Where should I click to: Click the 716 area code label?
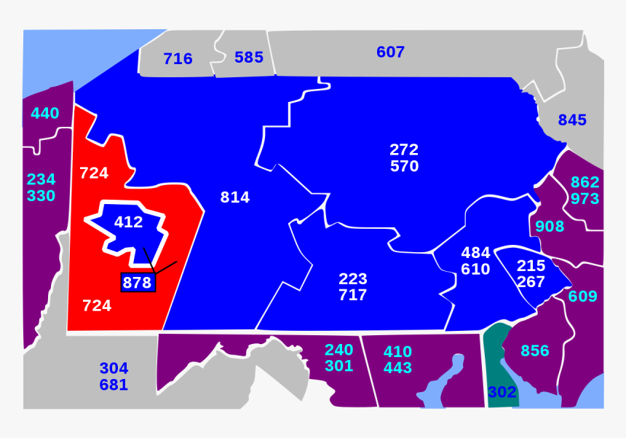(x=178, y=59)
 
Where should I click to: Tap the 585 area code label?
(x=249, y=57)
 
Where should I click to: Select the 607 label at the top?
(x=390, y=52)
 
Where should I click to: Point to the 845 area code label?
(x=572, y=120)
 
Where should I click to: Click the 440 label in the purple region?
(x=45, y=113)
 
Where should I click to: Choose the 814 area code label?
(x=235, y=197)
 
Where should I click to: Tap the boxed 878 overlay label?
(x=137, y=283)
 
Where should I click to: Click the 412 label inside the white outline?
(x=129, y=222)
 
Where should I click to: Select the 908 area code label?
(x=550, y=226)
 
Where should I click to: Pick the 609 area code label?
(x=582, y=296)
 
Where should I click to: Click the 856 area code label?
(x=535, y=351)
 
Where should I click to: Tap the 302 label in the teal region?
(x=502, y=392)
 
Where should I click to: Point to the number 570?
(x=404, y=166)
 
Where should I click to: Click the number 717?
(x=352, y=295)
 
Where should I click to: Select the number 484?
(x=475, y=253)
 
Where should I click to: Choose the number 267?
(x=531, y=281)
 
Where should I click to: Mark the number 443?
(x=397, y=368)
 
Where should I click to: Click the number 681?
(x=114, y=385)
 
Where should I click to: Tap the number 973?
(x=585, y=198)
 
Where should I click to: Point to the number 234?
(x=41, y=179)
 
